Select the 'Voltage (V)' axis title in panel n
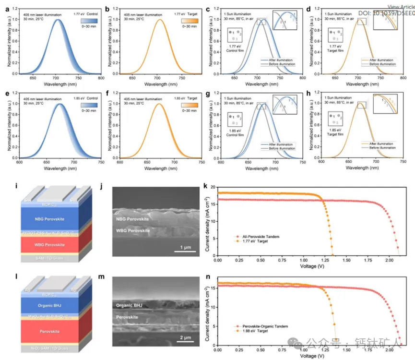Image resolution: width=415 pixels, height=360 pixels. (x=310, y=356)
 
